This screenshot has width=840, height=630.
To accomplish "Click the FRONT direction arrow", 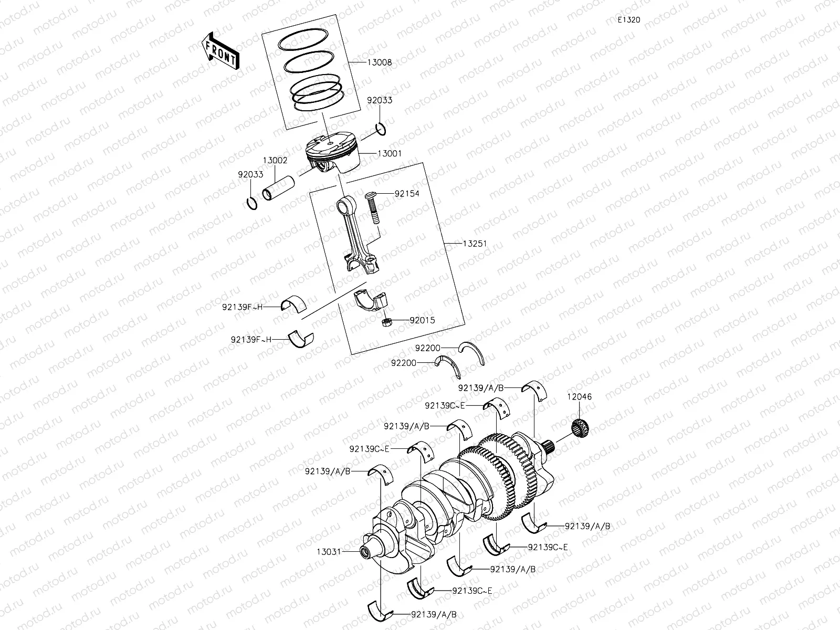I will (219, 50).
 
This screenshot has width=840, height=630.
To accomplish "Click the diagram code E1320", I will (628, 20).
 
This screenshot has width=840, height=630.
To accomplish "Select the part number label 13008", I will (379, 62).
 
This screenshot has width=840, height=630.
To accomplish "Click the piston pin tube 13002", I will (278, 188).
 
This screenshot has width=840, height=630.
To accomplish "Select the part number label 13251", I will (475, 244).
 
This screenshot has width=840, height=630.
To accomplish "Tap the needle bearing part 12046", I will (581, 426).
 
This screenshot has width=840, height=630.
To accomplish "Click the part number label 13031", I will (329, 552).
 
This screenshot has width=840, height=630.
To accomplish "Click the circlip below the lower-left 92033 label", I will (252, 203).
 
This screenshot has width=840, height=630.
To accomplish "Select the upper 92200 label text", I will (427, 348).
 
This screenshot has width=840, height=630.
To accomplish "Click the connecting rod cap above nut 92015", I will (371, 301).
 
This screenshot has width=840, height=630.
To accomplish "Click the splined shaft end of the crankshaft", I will (550, 448).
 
